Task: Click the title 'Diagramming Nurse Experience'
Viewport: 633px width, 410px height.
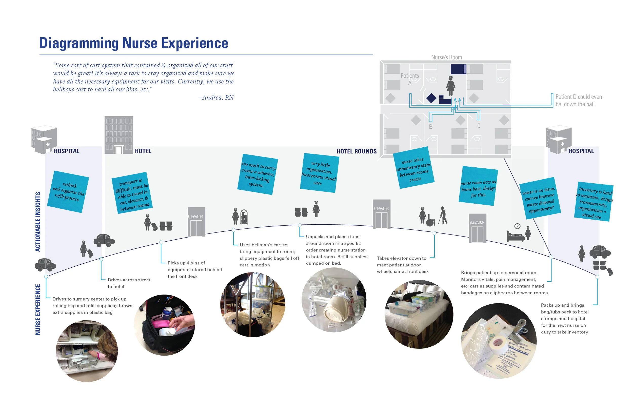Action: [x=133, y=43]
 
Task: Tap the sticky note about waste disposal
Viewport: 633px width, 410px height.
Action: [x=540, y=198]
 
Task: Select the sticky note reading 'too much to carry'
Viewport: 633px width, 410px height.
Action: [x=258, y=174]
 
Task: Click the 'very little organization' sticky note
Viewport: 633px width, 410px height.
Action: [x=319, y=173]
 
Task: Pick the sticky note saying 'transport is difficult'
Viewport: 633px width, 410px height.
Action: [x=132, y=193]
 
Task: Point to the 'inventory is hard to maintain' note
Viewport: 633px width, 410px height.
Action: [x=594, y=202]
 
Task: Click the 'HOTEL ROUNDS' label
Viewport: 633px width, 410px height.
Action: [x=356, y=151]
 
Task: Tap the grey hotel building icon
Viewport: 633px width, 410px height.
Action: [x=118, y=135]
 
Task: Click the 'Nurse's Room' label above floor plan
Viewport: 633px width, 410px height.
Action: [x=446, y=57]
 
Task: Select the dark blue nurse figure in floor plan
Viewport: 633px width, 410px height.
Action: [x=450, y=86]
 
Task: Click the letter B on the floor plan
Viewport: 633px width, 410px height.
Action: [x=430, y=127]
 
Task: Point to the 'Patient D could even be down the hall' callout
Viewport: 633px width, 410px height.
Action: [x=578, y=100]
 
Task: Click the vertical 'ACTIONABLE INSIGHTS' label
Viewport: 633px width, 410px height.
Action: [x=38, y=221]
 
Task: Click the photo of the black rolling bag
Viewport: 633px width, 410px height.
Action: [x=164, y=325]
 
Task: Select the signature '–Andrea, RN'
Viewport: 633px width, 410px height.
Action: [x=216, y=97]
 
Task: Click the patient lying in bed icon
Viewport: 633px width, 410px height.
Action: [x=515, y=236]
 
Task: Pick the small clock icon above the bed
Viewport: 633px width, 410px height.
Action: [x=517, y=226]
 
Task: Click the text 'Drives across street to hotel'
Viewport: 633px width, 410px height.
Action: [x=129, y=283]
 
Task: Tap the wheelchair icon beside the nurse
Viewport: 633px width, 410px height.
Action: [x=430, y=222]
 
